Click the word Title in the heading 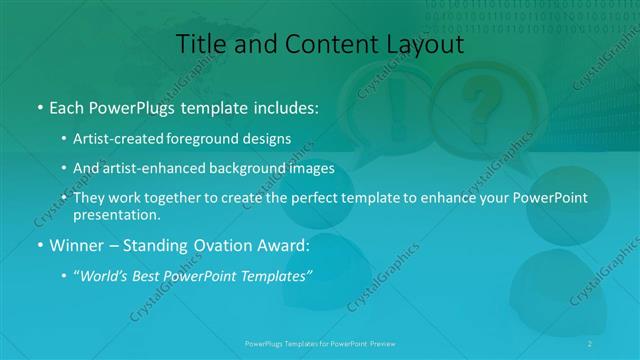tap(199, 44)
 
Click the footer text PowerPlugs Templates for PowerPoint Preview tap(319, 342)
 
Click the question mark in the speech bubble tap(483, 102)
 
